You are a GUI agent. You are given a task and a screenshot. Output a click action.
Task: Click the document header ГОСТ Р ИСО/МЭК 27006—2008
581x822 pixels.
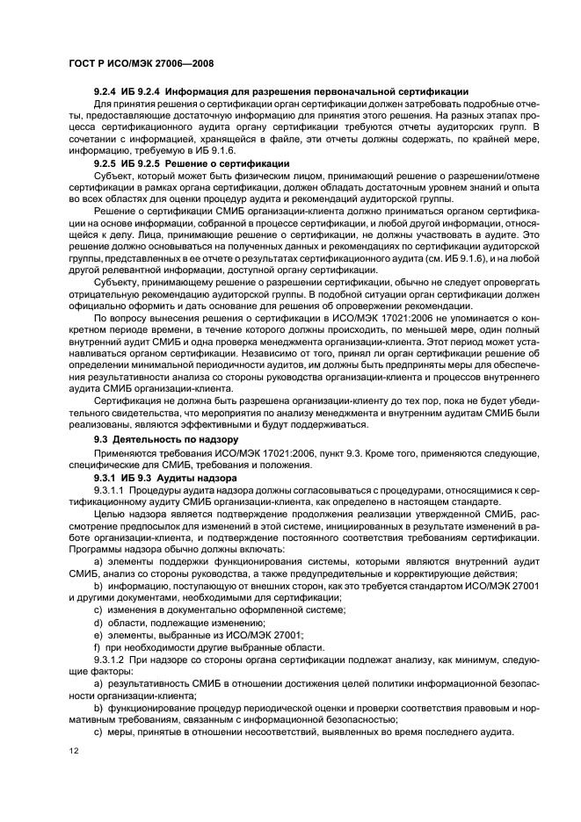tap(142, 64)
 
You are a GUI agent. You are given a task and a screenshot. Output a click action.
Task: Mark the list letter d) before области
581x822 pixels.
tap(98, 621)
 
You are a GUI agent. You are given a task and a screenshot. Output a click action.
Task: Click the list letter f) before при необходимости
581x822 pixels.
tap(98, 645)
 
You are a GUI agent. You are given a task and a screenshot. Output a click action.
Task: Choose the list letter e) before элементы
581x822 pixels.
tap(98, 633)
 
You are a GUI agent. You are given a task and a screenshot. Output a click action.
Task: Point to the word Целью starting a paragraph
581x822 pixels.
tap(112, 511)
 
